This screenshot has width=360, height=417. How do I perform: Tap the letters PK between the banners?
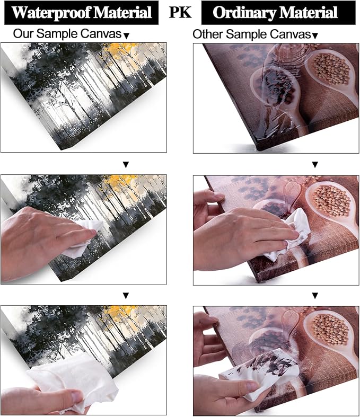click(x=180, y=12)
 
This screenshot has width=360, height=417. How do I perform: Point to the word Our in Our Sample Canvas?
click(x=23, y=34)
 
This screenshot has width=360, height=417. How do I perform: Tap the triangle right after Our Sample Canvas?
click(x=127, y=36)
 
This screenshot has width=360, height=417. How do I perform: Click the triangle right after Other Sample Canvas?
click(x=315, y=36)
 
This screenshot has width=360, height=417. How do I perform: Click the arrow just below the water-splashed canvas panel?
click(x=315, y=165)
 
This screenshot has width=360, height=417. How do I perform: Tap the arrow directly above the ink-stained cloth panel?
click(x=315, y=296)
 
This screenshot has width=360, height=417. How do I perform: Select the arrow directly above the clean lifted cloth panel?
click(x=126, y=296)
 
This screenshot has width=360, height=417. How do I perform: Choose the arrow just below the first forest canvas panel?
click(x=126, y=165)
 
